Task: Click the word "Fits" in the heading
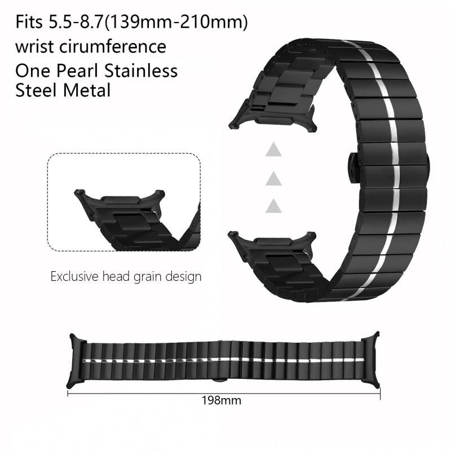coord(29,22)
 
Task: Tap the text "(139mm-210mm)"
coord(176,23)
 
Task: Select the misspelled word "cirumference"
coord(113,47)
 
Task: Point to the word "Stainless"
coord(141,71)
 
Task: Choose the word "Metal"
coord(87,90)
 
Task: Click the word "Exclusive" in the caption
coord(74,277)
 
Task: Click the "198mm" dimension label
coord(221,401)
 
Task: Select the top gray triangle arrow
coord(273,150)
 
